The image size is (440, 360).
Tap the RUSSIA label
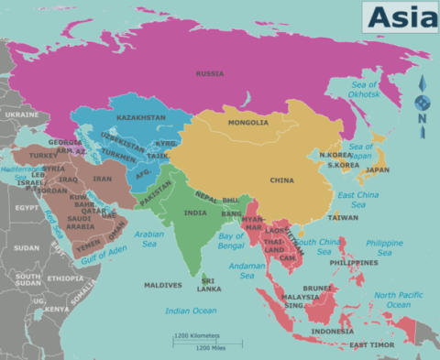tap(211, 72)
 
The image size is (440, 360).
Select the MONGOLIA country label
tap(249, 122)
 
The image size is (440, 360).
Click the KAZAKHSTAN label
tap(141, 118)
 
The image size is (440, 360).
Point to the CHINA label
tap(281, 180)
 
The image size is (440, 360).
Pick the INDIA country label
tap(194, 213)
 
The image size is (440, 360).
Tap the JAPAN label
tap(377, 169)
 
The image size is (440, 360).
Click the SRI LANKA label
tap(210, 285)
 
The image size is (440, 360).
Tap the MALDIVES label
tap(162, 285)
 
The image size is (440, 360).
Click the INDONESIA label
tap(332, 331)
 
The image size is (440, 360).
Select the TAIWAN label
tap(343, 217)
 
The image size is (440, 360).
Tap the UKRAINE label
tap(21, 115)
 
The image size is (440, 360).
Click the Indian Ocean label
tap(191, 311)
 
